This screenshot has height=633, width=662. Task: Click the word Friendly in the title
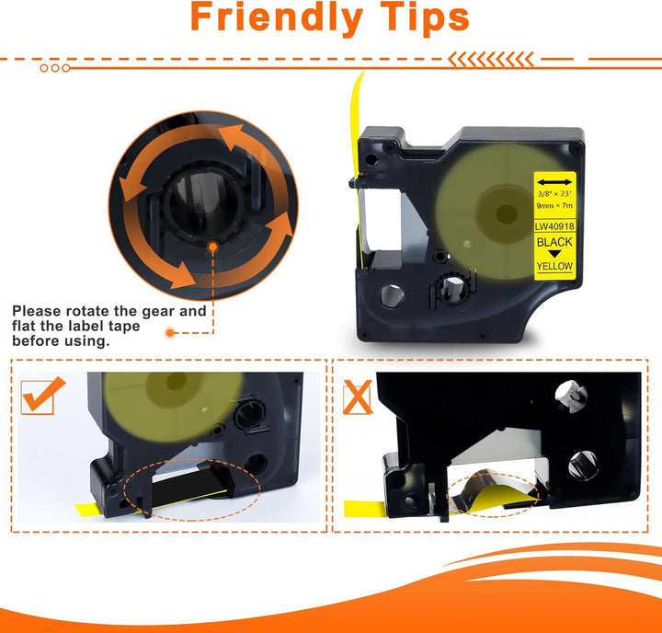276,17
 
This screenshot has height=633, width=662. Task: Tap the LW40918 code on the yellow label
554,226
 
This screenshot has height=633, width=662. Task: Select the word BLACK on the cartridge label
554,242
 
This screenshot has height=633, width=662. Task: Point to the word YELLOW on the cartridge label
554,266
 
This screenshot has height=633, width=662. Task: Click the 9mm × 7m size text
554,206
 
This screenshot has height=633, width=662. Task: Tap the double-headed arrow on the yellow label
554,182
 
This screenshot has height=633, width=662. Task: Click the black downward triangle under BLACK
554,254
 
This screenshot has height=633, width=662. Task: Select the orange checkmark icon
42,396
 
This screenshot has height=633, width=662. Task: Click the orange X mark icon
357,397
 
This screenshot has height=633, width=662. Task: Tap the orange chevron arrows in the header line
491,60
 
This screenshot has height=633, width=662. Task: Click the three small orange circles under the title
55,68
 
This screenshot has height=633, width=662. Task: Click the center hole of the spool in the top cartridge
506,214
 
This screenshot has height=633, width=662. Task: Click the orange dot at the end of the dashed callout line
170,332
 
